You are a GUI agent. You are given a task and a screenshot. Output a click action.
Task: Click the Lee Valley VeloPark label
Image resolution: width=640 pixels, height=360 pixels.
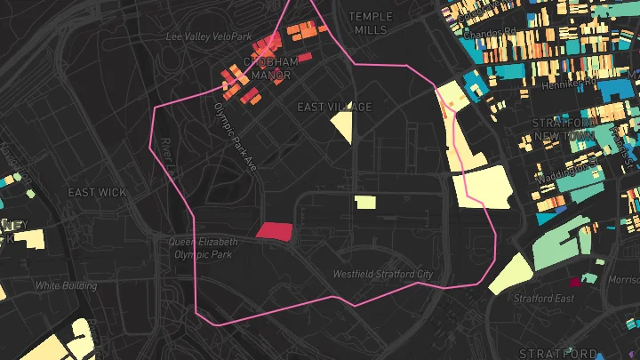[211, 36]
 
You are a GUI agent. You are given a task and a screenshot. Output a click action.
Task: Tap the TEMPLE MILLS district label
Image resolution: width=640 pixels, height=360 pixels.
[371, 23]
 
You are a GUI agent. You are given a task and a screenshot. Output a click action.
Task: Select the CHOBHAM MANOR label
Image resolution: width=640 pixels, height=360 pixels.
[271, 68]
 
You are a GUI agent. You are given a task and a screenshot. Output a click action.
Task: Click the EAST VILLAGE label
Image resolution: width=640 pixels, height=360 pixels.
[334, 107]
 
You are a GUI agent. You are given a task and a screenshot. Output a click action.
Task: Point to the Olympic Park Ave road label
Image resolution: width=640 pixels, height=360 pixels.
[235, 134]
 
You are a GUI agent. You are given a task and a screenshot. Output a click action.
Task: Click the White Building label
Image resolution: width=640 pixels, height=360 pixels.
[67, 285]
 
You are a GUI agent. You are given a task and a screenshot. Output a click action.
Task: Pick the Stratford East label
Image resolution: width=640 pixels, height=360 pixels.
[542, 298]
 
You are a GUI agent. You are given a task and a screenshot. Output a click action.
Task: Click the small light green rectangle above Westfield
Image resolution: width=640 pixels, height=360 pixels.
[364, 202]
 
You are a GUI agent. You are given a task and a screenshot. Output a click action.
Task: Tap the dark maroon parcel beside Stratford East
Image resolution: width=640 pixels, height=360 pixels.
[575, 281]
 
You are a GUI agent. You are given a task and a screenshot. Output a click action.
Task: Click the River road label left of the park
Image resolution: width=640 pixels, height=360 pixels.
[165, 148]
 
